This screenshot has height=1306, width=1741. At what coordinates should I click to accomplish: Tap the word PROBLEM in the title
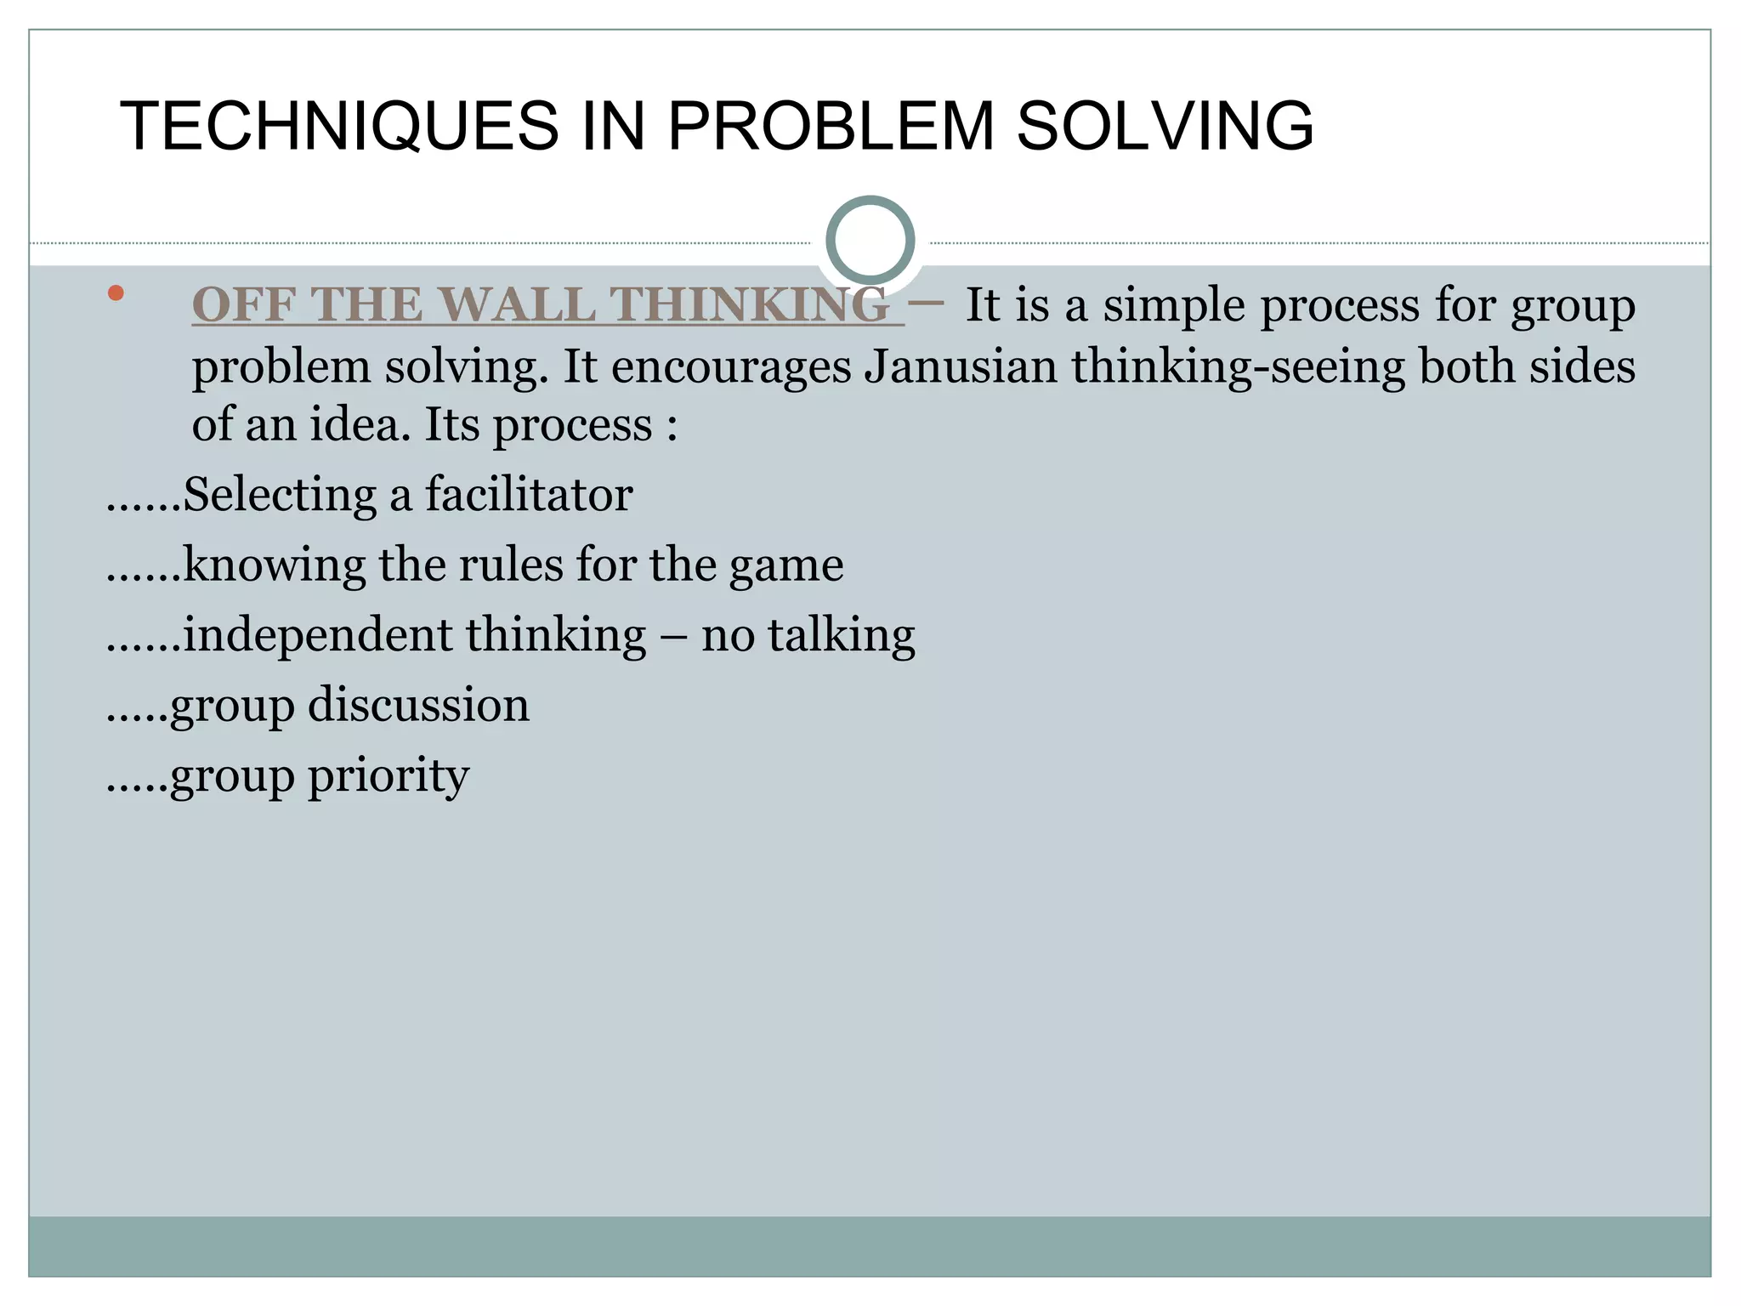click(831, 126)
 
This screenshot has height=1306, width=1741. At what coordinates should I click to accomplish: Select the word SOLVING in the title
click(1165, 126)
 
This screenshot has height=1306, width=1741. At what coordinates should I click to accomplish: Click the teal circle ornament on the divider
click(870, 241)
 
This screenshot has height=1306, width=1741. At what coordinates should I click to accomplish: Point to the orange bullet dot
click(116, 294)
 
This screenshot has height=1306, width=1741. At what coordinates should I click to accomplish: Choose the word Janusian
click(961, 366)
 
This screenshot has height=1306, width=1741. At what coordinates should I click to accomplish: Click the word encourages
click(731, 366)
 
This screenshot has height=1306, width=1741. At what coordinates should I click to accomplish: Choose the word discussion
click(418, 705)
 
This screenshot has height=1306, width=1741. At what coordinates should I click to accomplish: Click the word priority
click(388, 775)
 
